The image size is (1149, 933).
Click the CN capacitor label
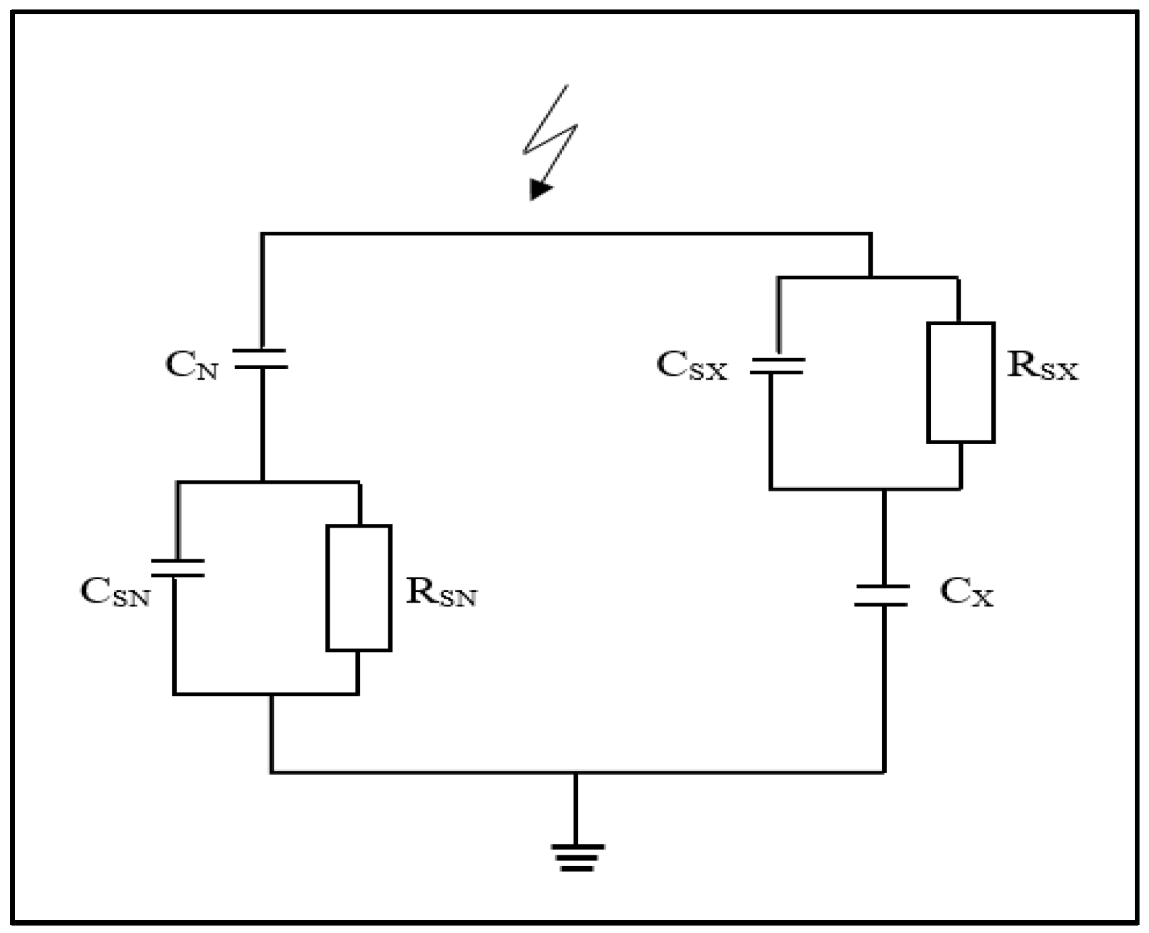pos(192,365)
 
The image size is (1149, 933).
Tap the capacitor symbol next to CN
pos(261,359)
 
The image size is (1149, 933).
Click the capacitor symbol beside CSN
pos(178,568)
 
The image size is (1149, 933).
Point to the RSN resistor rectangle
pos(359,588)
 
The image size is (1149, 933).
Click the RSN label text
pos(441,592)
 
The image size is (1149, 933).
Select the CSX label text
pos(692,366)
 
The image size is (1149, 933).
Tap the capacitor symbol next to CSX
pos(777,366)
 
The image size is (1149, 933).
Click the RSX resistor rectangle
pos(961,382)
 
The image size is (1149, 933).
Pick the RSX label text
pos(1042,366)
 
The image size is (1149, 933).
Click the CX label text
pos(966,592)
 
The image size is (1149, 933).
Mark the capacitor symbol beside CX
pos(882,595)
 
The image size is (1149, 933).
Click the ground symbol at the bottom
pos(577,857)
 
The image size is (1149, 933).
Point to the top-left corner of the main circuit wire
pos(263,234)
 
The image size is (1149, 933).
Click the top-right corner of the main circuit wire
pos(870,234)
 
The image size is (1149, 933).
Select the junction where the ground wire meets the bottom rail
pos(576,772)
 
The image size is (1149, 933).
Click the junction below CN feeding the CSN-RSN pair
pos(262,482)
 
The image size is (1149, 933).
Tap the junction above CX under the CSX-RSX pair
pos(884,488)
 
